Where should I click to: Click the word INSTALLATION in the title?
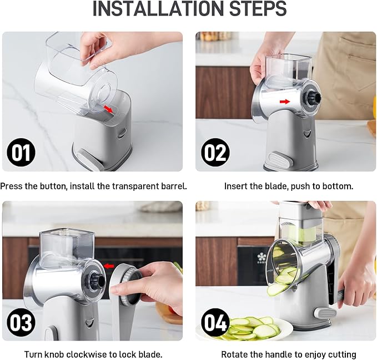pyautogui.click(x=159, y=9)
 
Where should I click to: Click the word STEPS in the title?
pyautogui.click(x=258, y=9)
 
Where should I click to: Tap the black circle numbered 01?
pyautogui.click(x=21, y=152)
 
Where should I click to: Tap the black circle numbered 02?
pyautogui.click(x=215, y=152)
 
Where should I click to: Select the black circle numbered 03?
pyautogui.click(x=21, y=322)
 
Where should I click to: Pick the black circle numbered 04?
pyautogui.click(x=215, y=322)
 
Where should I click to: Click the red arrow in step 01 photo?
pyautogui.click(x=108, y=109)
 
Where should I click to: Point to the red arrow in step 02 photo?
pyautogui.click(x=285, y=102)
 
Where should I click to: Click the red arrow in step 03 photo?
pyautogui.click(x=109, y=266)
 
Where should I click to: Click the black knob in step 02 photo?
pyautogui.click(x=314, y=97)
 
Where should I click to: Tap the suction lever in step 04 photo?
pyautogui.click(x=326, y=313)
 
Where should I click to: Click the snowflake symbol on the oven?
pyautogui.click(x=262, y=257)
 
